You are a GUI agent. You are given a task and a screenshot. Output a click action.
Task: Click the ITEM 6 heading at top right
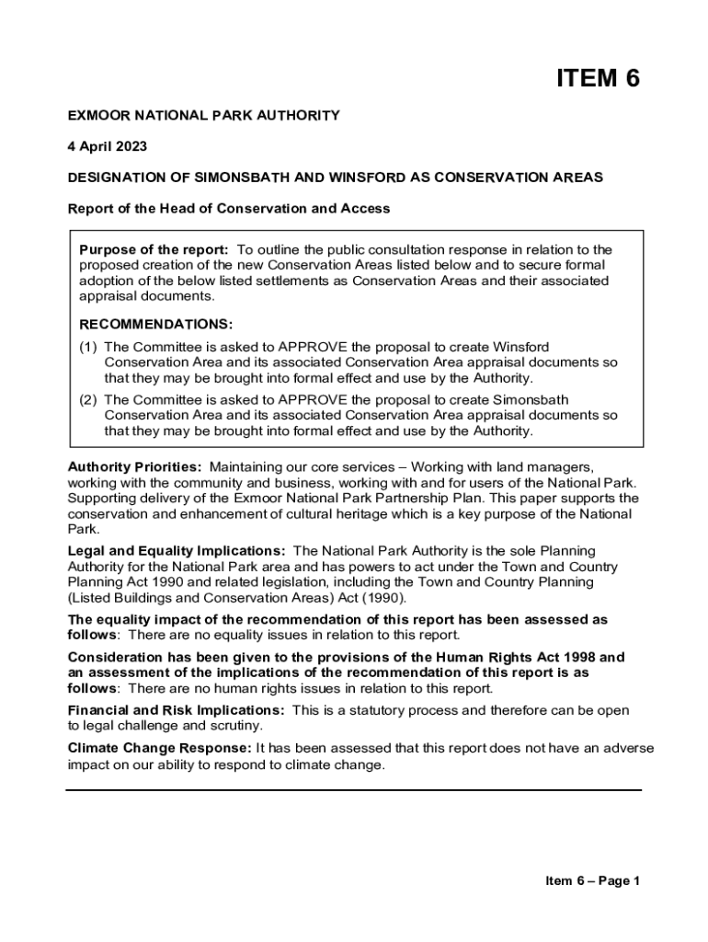click(x=597, y=78)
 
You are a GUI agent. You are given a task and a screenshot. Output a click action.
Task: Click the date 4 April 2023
click(x=107, y=146)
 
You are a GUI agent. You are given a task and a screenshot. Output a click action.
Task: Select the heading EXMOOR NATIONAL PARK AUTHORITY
click(x=203, y=115)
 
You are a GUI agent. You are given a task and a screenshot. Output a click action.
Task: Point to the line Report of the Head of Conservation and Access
click(x=229, y=209)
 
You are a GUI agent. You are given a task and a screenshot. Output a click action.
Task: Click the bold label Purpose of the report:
click(x=154, y=249)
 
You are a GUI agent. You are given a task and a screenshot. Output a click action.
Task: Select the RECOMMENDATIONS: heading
click(x=156, y=324)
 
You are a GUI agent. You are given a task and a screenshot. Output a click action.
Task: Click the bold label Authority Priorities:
click(x=134, y=467)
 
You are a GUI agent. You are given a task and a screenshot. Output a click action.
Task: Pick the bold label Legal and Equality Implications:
click(x=177, y=551)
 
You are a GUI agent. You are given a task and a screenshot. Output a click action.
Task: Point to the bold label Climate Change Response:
click(x=160, y=748)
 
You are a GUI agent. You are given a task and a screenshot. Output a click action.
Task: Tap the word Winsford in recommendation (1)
click(x=521, y=347)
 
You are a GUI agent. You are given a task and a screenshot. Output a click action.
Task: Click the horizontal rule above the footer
click(x=353, y=789)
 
